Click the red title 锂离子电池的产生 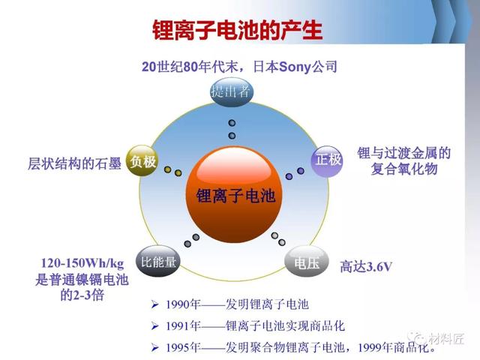tap(238, 30)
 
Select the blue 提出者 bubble tap(232, 91)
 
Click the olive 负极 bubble tap(142, 161)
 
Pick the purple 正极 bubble tap(327, 160)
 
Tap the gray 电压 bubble tap(307, 262)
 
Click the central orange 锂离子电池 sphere tap(234, 195)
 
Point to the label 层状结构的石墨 tap(74, 163)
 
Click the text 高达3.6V tap(366, 267)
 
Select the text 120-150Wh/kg tap(82, 263)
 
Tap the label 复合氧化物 tap(404, 169)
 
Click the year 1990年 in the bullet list tap(183, 304)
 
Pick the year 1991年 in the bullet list tap(183, 326)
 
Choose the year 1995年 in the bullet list tap(183, 347)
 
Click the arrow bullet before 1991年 tap(155, 326)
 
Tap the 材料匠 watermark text tap(446, 338)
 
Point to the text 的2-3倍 tap(82, 295)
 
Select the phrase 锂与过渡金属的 tap(404, 153)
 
